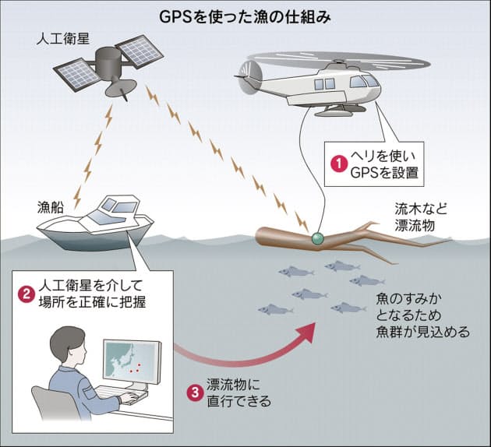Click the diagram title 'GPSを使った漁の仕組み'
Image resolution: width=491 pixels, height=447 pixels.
tap(245, 18)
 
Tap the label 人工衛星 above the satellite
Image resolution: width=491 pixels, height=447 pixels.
tap(63, 40)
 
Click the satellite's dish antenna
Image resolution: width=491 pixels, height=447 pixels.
tap(121, 88)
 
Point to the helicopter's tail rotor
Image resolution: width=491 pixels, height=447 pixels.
tap(249, 77)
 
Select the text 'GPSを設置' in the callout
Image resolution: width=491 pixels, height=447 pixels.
tap(384, 173)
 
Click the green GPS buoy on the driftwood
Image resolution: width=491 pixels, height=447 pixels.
tap(319, 238)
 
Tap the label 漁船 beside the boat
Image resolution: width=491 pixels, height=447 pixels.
tap(51, 207)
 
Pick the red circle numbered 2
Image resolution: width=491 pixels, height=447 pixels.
tap(26, 294)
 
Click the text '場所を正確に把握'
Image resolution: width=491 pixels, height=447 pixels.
tap(92, 302)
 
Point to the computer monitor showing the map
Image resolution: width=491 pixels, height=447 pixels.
tap(132, 361)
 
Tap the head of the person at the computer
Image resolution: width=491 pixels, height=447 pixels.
tap(68, 343)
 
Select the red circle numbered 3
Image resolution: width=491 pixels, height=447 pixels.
tap(195, 392)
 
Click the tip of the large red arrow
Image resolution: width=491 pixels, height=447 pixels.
tap(314, 324)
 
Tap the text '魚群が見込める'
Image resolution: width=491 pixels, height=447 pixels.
tap(423, 333)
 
